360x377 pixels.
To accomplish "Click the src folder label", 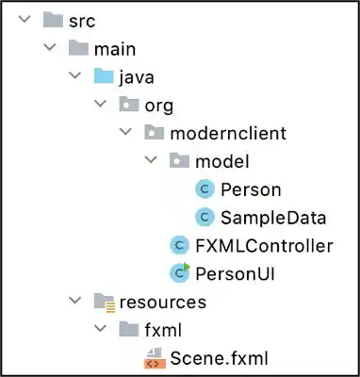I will [x=82, y=21].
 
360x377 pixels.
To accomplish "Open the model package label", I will [x=221, y=161].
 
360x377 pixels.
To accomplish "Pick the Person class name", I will [x=251, y=189].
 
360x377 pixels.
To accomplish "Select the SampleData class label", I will [x=273, y=218].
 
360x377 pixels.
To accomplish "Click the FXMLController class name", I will [x=264, y=246].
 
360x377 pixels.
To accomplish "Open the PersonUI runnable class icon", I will [x=179, y=273].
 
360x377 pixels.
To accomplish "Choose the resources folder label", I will [x=162, y=303].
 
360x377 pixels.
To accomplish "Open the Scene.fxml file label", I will [x=218, y=358].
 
